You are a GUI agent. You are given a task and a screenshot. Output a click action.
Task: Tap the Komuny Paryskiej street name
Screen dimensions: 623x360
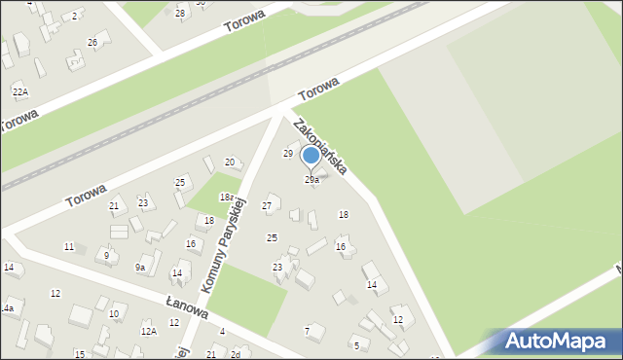pos(223,250)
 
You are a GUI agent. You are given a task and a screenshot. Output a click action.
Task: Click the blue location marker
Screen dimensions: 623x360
pos(311,157)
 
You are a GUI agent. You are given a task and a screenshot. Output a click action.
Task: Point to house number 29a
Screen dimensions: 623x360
pos(311,180)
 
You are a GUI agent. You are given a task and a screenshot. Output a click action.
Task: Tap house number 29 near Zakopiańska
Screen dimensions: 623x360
pos(288,154)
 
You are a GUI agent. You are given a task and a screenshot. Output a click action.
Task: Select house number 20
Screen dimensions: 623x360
pos(230,162)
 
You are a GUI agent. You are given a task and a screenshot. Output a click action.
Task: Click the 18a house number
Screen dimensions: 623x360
pos(227,197)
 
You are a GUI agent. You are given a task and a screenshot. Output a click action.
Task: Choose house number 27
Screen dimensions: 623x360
pos(267,206)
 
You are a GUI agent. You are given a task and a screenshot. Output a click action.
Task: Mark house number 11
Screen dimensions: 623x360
pos(69,247)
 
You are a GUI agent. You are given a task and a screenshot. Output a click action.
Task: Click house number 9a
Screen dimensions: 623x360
pos(140,268)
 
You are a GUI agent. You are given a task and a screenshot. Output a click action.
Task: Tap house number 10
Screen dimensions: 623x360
pos(114,313)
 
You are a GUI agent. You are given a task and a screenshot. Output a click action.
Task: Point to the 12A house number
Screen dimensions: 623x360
pos(148,332)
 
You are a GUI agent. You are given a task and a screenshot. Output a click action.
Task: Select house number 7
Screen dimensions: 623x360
pos(308,331)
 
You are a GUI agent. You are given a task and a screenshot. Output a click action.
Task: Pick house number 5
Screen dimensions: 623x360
pos(356,345)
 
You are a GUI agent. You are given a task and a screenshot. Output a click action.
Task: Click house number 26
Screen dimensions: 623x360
pos(92,42)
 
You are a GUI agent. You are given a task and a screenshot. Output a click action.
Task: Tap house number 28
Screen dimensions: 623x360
pos(180,13)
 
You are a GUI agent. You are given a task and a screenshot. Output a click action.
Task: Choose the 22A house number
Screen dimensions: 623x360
pos(19,90)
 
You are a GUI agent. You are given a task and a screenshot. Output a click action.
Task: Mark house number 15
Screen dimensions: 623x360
pos(79,354)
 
